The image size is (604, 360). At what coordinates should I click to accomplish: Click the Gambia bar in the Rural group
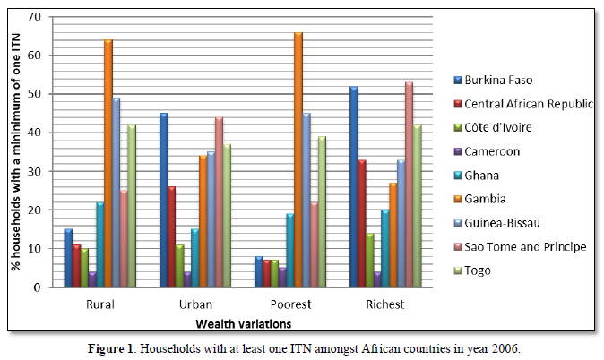108,163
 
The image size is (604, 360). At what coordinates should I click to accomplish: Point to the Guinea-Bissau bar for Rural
116,192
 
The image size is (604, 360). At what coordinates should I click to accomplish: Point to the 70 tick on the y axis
36,17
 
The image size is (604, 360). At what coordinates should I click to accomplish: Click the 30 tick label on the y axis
36,171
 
